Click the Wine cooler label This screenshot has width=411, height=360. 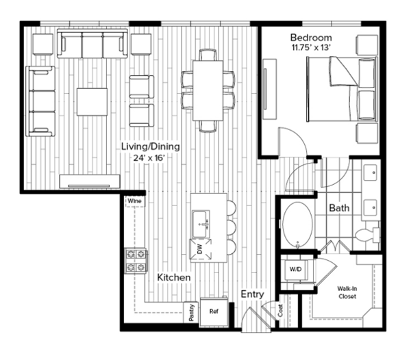[x=135, y=201]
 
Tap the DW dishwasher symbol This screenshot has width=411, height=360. [x=201, y=248]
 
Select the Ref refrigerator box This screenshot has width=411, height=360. [x=214, y=311]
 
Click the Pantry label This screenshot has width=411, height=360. [x=191, y=312]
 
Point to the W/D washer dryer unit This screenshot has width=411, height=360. [x=296, y=270]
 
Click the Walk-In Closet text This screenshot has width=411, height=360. [x=347, y=292]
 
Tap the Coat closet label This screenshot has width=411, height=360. [x=280, y=311]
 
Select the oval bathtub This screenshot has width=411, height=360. [x=298, y=224]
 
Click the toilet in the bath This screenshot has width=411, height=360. [x=367, y=234]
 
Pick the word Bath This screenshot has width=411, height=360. [x=339, y=208]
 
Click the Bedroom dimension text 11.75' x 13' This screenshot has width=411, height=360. [x=310, y=48]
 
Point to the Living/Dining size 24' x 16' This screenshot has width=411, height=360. [x=149, y=158]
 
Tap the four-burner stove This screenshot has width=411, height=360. [x=136, y=261]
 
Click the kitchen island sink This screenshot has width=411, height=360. [x=201, y=224]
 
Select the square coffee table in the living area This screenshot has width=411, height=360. [x=92, y=102]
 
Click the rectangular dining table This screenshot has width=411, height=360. [x=208, y=90]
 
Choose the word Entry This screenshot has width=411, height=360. [x=252, y=294]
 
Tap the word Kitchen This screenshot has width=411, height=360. [x=174, y=277]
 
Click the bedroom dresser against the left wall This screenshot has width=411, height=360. [x=270, y=89]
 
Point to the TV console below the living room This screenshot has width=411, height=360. [x=90, y=181]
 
